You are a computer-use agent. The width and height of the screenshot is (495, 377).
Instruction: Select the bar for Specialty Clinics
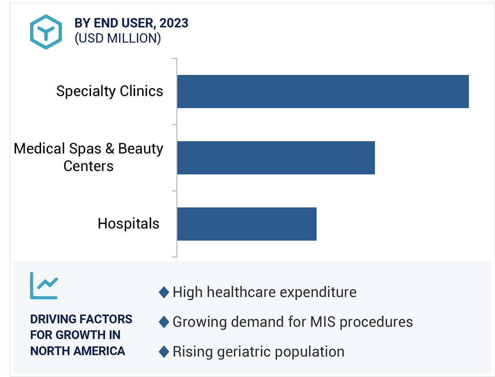tap(322, 91)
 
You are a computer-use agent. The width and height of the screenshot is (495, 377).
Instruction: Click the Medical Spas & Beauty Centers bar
tap(276, 157)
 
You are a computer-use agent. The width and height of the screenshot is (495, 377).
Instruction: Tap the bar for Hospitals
tap(247, 224)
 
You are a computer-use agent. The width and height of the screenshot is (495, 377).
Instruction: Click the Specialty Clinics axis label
tap(110, 91)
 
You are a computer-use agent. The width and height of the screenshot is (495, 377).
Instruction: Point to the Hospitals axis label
tap(128, 223)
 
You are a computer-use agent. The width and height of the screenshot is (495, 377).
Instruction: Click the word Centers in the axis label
tap(88, 166)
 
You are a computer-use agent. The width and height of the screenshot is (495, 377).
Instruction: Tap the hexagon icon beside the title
tap(46, 32)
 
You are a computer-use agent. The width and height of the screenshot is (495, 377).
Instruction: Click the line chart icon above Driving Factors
tap(44, 286)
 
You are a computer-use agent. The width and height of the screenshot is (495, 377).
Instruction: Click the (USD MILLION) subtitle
tap(118, 38)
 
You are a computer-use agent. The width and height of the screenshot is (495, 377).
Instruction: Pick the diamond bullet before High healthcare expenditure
tap(164, 292)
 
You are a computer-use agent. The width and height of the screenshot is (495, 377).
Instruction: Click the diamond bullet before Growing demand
tap(164, 322)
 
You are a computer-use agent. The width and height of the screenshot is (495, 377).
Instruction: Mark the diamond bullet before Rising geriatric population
tap(164, 352)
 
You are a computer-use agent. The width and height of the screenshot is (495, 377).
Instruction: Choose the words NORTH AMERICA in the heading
tap(77, 351)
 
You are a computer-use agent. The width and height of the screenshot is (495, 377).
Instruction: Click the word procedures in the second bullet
tap(376, 322)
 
